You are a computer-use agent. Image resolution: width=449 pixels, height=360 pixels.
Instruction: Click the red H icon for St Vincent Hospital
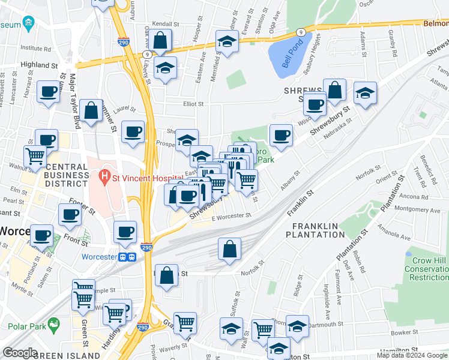[105, 178]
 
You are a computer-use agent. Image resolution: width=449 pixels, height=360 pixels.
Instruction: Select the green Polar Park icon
[55, 326]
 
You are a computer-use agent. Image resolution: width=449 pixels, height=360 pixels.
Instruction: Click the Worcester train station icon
[127, 257]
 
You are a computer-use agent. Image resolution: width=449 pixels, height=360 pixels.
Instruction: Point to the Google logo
[20, 353]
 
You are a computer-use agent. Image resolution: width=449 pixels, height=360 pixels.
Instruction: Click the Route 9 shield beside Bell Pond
[300, 32]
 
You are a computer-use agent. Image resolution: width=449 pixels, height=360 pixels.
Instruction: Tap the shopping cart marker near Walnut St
[35, 156]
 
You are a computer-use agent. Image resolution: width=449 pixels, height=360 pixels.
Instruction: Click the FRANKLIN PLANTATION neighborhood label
[318, 230]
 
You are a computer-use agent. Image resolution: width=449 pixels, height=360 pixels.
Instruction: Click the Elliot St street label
[193, 104]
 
